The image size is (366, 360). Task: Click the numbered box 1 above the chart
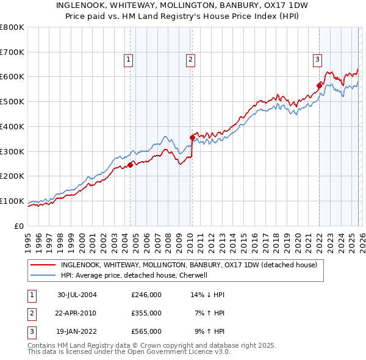coord(129,59)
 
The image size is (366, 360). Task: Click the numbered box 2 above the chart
coord(191,59)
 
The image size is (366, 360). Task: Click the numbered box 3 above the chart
coord(318,59)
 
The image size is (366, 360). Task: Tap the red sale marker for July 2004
coord(131,164)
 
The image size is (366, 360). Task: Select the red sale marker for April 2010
coord(192,137)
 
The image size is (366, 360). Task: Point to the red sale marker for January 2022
coord(318,85)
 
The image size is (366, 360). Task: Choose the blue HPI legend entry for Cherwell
coord(135,275)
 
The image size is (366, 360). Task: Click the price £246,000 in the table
coord(146,295)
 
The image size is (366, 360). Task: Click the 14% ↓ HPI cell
coord(208,295)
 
